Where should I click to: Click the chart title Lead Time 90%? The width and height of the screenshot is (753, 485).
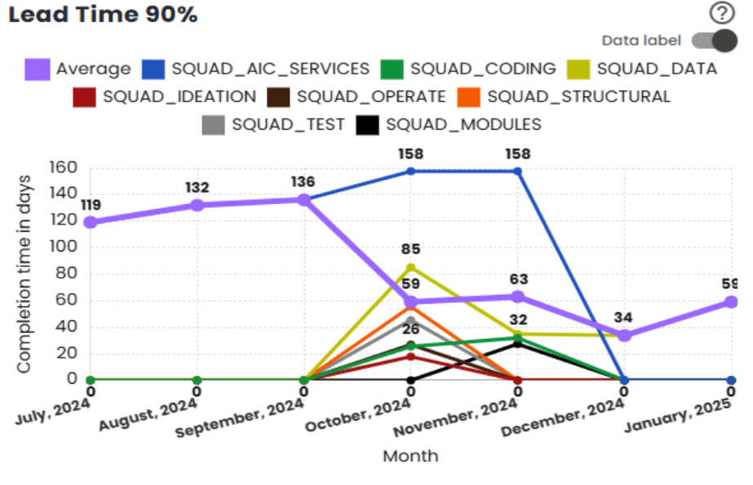pos(103,15)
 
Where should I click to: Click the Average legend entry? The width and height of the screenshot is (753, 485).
pos(78,69)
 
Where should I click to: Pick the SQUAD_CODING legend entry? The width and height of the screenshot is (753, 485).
pos(470,69)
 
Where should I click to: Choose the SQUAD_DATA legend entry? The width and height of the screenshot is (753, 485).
pos(644,69)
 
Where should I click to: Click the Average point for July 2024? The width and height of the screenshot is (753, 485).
pos(90,222)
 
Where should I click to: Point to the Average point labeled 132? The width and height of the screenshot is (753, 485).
pos(197,205)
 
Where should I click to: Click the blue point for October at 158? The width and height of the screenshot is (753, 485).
pos(410,171)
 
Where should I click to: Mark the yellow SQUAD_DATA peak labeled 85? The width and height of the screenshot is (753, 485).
pos(410,267)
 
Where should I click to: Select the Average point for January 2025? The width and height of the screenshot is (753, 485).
pos(732,302)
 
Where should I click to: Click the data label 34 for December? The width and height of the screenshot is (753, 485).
pos(623,318)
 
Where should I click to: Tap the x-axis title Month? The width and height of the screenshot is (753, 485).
pos(410,456)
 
